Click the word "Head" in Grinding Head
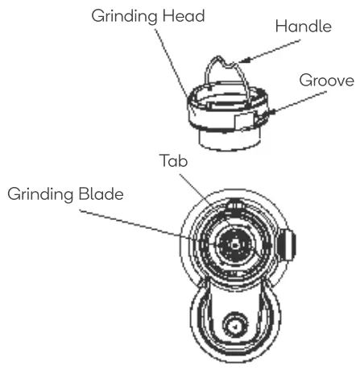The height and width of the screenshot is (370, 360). (202, 15)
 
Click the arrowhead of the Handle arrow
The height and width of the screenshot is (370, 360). (243, 59)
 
